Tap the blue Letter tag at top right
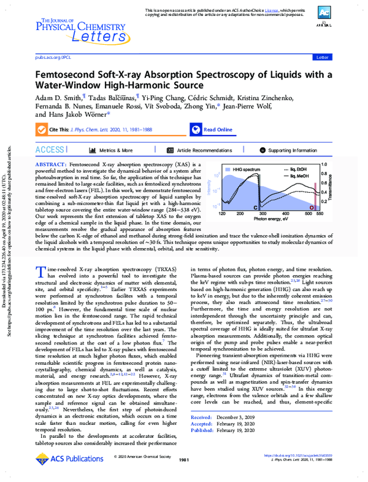click(x=321, y=56)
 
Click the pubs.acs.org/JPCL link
click(x=53, y=56)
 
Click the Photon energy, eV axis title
click(x=271, y=219)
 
